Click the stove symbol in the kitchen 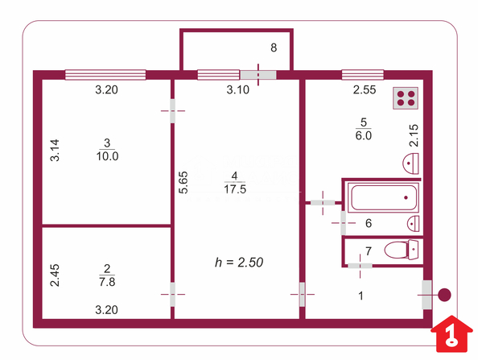(x=405, y=98)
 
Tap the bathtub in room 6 (x=384, y=197)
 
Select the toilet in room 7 (x=402, y=250)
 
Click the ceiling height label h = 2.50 (x=239, y=263)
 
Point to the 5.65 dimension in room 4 (x=183, y=183)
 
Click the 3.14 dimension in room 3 (x=55, y=150)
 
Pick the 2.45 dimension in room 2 (x=55, y=275)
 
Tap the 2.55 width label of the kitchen (x=365, y=90)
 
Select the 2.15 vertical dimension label (x=414, y=135)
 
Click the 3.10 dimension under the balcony (x=237, y=90)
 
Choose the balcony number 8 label (x=274, y=48)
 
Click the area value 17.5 (x=235, y=189)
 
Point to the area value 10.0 (x=107, y=156)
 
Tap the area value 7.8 (x=107, y=282)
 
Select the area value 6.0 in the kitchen (x=364, y=135)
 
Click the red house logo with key (x=451, y=334)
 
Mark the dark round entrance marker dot (x=444, y=295)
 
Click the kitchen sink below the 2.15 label (x=410, y=163)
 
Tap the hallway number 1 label (x=361, y=296)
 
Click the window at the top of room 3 (x=105, y=75)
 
